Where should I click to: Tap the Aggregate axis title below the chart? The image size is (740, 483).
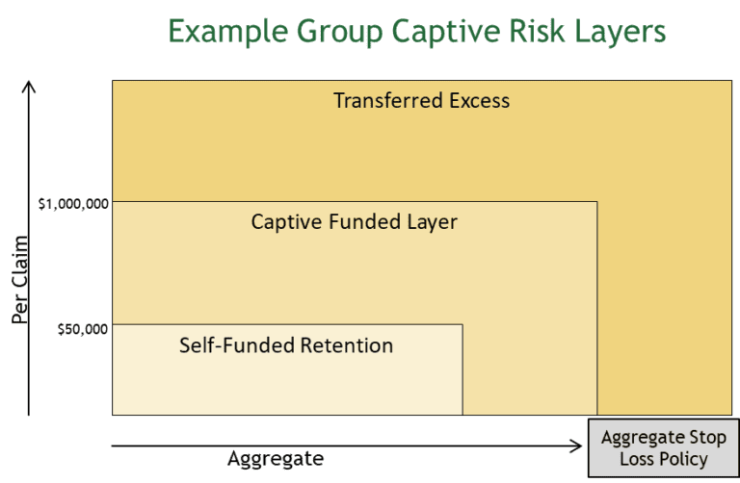click(x=275, y=458)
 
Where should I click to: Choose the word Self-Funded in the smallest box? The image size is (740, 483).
click(x=229, y=343)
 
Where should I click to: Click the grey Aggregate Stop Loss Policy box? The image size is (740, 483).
click(x=661, y=448)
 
